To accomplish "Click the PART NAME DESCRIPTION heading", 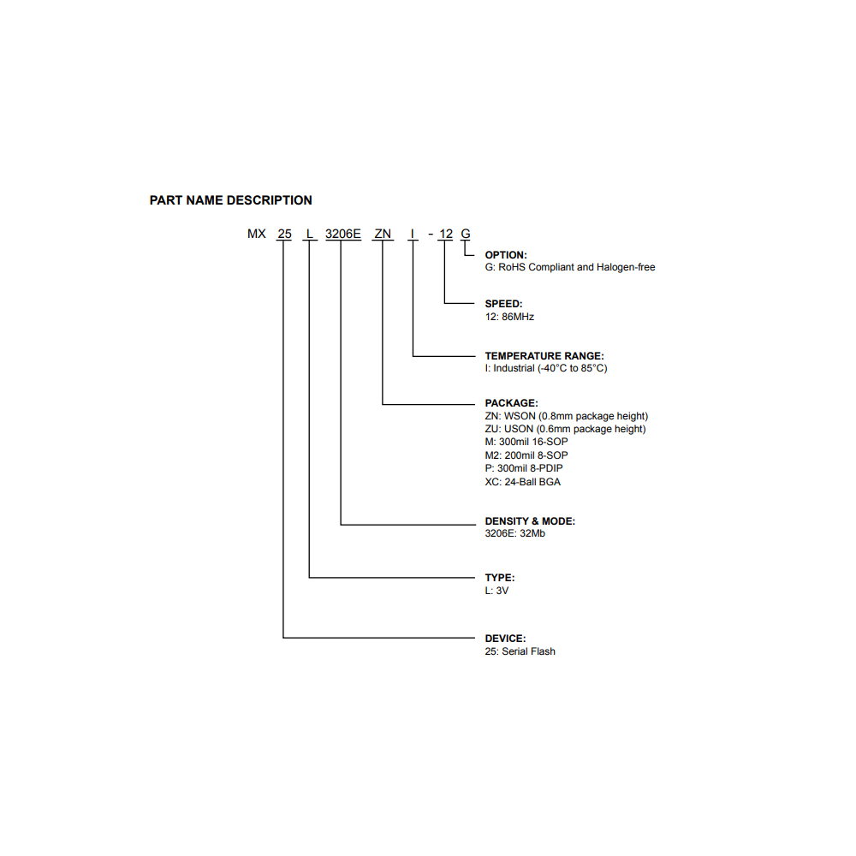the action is [x=230, y=200].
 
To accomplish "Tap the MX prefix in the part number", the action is [x=257, y=234].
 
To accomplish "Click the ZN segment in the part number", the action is [x=383, y=234].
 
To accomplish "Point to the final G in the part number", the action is [x=466, y=234].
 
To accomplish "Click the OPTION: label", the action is [x=506, y=255].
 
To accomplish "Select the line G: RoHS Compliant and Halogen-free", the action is [x=569, y=268].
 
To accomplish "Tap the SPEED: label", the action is [x=503, y=304].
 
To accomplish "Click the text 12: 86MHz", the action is [x=509, y=317].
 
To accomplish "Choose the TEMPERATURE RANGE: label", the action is [x=544, y=355].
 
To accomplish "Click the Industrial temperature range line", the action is [x=546, y=368].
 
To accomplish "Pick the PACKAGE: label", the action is [x=511, y=402].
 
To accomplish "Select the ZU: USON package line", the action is [x=565, y=429].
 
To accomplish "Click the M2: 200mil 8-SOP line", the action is [x=526, y=455].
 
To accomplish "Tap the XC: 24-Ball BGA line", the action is [x=522, y=482].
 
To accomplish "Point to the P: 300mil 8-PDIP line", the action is [x=523, y=468].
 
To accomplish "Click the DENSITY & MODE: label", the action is [x=530, y=520].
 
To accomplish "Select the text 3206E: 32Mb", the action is [x=514, y=533].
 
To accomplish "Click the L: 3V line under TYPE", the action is [x=496, y=591].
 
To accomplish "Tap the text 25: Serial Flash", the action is [x=520, y=651].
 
